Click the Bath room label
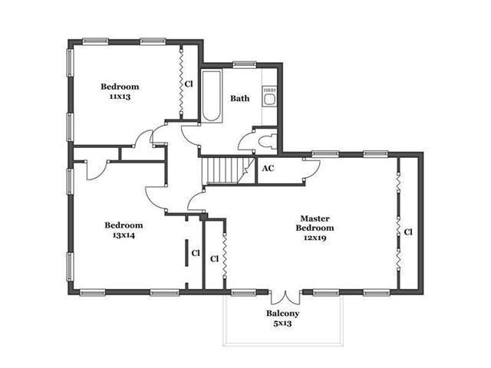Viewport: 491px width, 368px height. (240, 98)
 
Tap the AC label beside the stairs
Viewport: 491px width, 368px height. (268, 169)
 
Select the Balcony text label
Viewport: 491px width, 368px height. (283, 314)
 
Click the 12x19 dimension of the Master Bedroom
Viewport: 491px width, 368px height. (315, 238)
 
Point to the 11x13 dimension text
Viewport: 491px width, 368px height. (120, 97)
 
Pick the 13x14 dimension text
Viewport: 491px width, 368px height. (124, 235)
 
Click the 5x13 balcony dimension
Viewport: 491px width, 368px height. (283, 324)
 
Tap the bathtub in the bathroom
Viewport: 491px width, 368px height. (212, 96)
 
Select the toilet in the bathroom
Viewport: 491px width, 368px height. (269, 141)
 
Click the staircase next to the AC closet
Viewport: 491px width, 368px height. (228, 170)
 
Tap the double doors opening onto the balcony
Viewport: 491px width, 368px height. (285, 297)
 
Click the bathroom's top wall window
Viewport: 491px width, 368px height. (244, 64)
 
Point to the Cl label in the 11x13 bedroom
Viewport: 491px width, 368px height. (189, 84)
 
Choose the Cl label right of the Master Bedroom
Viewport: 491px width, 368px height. (408, 232)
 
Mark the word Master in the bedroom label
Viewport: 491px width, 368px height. (315, 219)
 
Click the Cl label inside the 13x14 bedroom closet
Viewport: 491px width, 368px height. (196, 253)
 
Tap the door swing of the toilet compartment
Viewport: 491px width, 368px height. (245, 141)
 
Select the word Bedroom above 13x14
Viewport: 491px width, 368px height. (124, 225)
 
